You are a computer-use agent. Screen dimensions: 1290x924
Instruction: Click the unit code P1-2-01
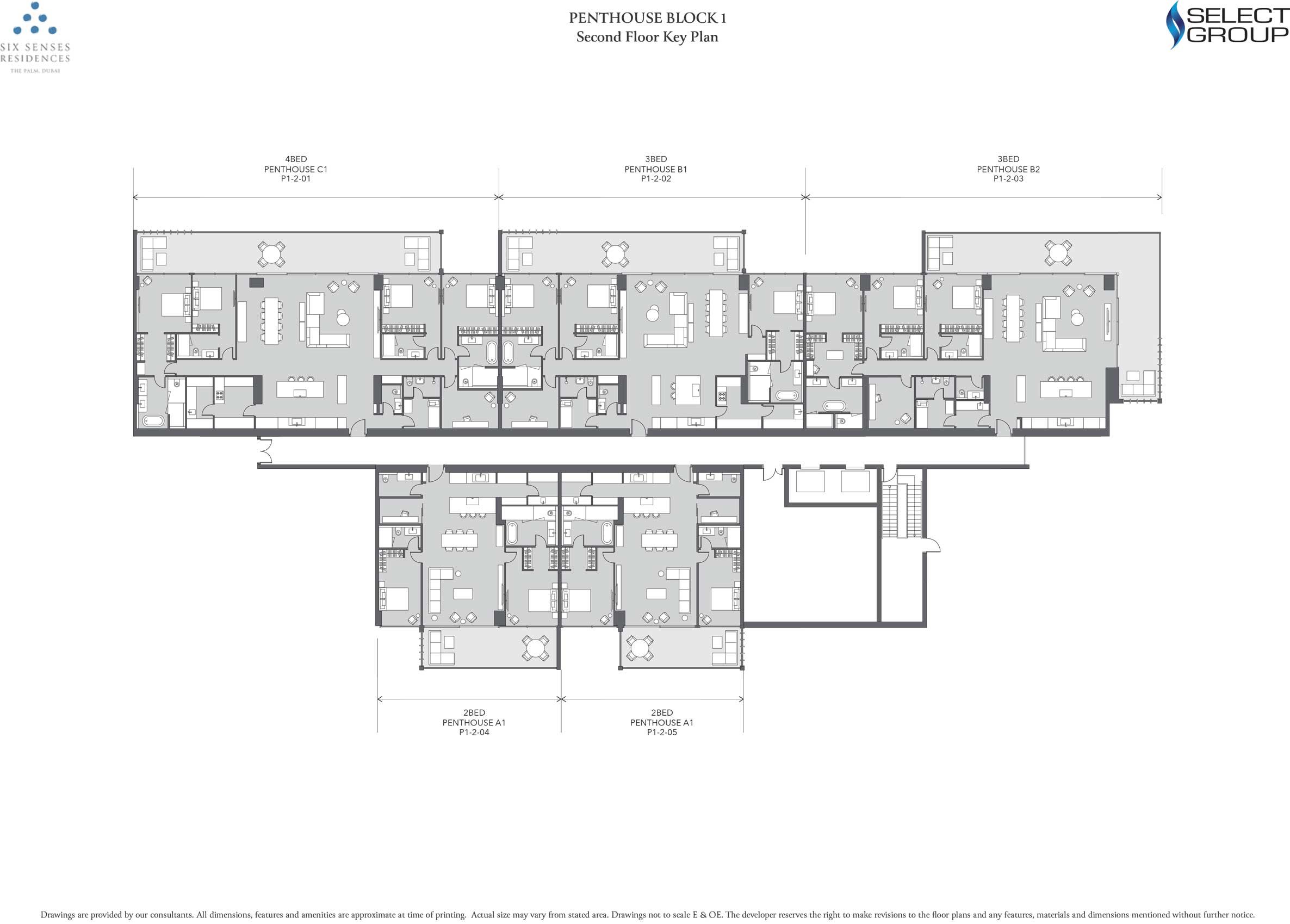(x=295, y=178)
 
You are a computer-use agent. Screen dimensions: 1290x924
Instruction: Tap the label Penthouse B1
(x=656, y=169)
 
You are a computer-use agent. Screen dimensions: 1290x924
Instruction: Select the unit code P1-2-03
(x=1008, y=178)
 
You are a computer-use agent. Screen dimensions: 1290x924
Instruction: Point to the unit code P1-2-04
(x=474, y=732)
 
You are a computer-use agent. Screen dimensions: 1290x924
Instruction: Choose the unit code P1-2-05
(x=661, y=732)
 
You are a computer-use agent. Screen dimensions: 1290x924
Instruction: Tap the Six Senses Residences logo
(x=35, y=38)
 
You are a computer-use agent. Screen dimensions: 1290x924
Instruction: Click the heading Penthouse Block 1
(x=647, y=17)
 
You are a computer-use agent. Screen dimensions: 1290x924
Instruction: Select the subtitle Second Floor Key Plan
(x=647, y=37)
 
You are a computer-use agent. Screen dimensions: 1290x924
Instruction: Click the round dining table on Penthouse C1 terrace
(x=271, y=253)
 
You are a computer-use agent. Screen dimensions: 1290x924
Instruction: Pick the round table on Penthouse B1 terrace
(x=615, y=253)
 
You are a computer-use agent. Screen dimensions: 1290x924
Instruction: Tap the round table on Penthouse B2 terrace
(x=1057, y=253)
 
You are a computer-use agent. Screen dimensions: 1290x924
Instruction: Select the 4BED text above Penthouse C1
(x=296, y=159)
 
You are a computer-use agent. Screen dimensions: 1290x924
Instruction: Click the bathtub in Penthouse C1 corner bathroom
(x=153, y=421)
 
